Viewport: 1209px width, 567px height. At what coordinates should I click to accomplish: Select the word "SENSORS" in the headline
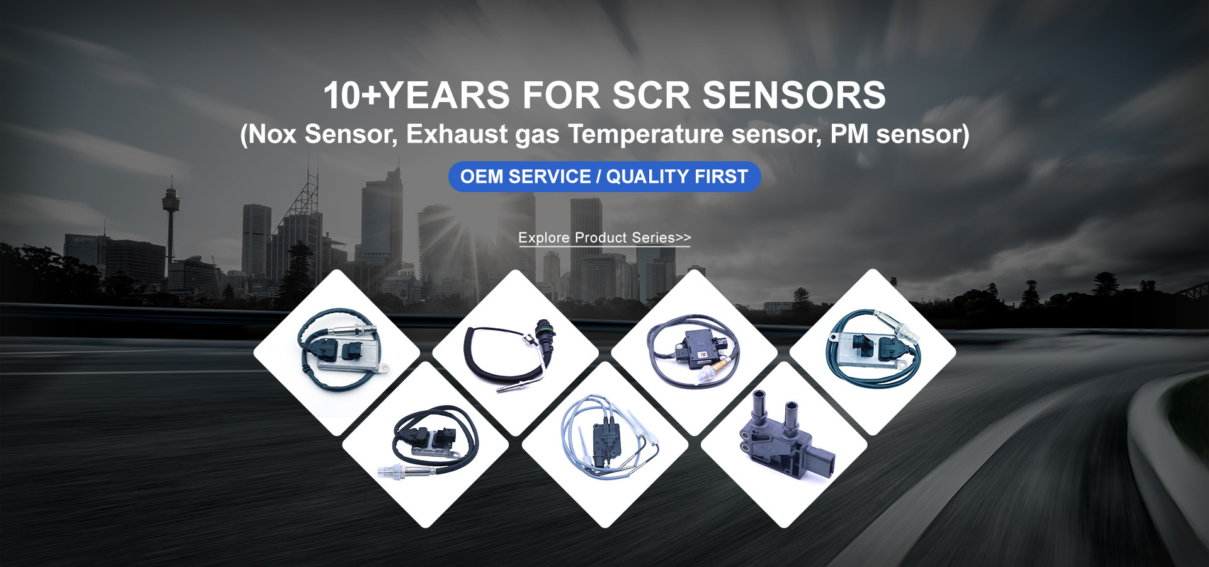point(794,95)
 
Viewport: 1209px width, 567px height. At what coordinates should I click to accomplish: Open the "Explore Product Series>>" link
point(604,238)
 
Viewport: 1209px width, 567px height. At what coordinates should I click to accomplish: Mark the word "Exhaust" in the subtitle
point(457,134)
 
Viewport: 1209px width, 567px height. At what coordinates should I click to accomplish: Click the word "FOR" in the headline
point(561,95)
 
